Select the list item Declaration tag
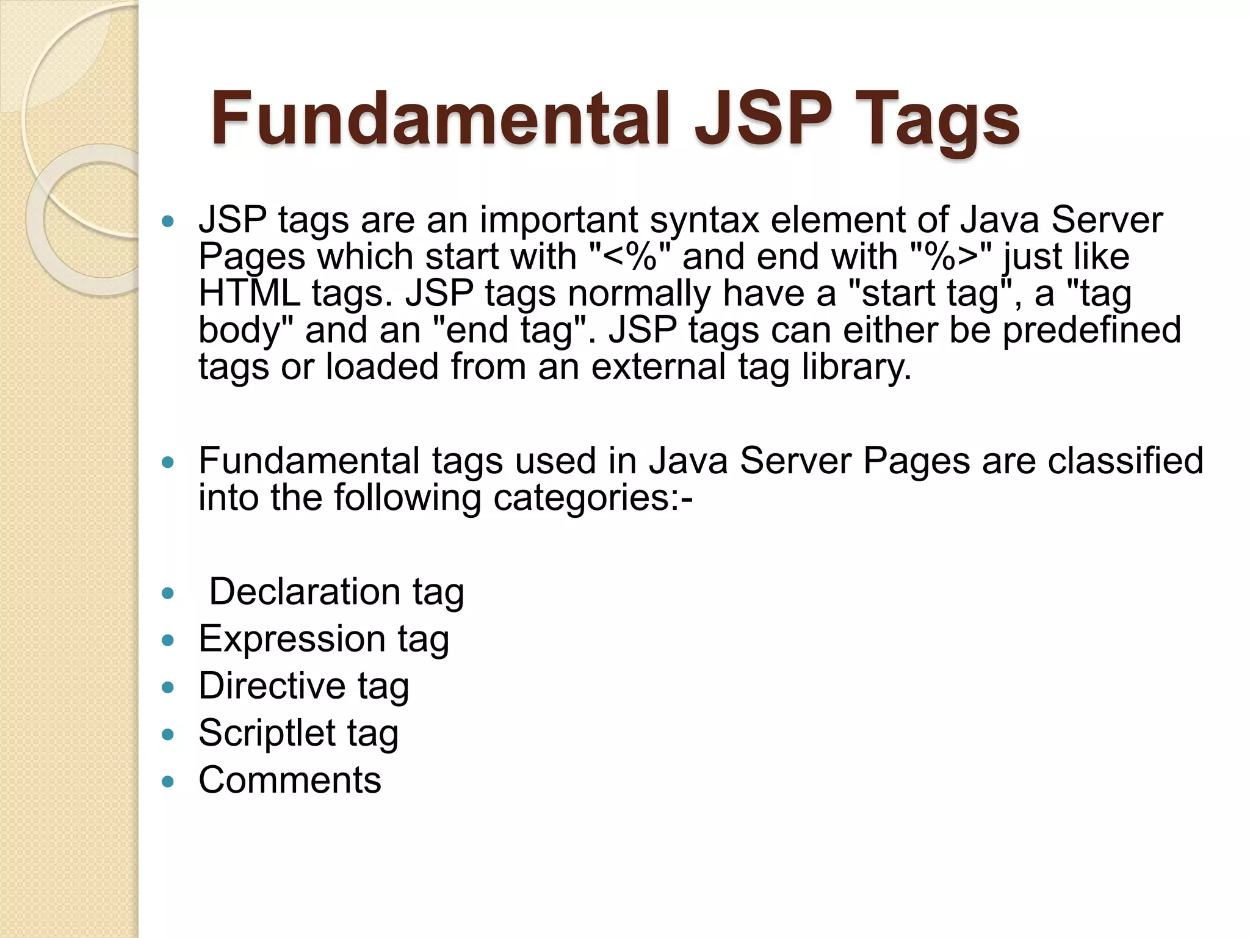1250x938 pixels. click(x=336, y=592)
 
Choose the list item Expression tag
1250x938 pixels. click(x=323, y=639)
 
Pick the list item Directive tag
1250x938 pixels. click(x=303, y=686)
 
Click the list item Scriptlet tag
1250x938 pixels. click(x=298, y=733)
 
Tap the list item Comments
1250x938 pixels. click(x=290, y=780)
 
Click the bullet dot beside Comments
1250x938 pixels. click(x=168, y=781)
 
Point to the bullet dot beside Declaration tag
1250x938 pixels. click(x=168, y=593)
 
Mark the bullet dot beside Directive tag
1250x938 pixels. click(x=168, y=687)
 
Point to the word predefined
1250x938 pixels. click(x=1092, y=330)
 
